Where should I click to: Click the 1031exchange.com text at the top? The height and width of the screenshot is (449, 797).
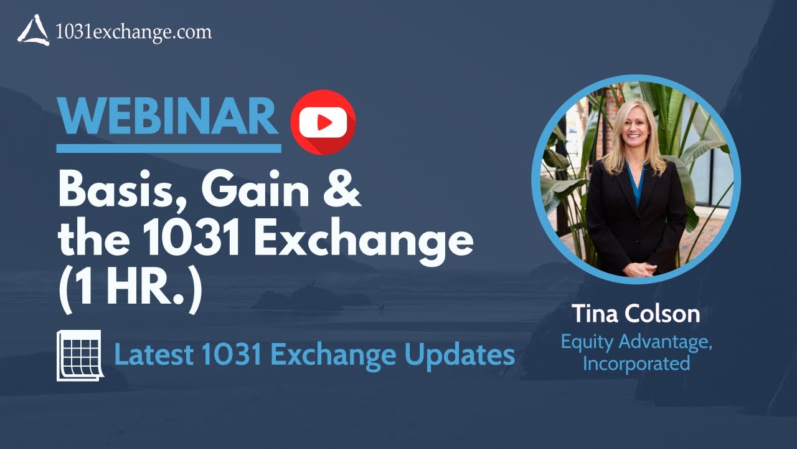(133, 31)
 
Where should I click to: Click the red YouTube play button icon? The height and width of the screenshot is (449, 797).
(323, 122)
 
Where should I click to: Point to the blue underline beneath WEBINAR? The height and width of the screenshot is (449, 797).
(168, 148)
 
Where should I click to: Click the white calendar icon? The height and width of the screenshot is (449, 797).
(79, 355)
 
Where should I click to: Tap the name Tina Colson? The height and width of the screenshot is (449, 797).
(636, 314)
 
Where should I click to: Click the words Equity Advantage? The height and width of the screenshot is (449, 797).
(636, 342)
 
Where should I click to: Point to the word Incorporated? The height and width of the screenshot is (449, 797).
(636, 363)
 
